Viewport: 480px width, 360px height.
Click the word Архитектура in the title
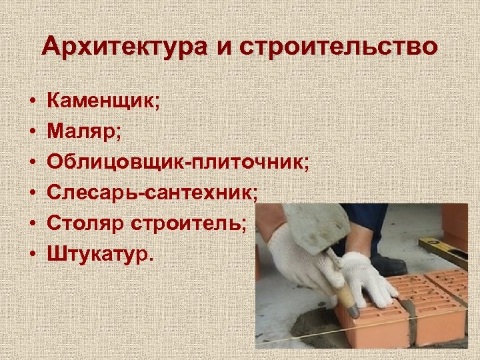[124, 47]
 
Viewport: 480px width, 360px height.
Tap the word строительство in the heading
[339, 47]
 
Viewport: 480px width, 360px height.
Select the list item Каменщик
[103, 103]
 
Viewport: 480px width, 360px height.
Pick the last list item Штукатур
[99, 253]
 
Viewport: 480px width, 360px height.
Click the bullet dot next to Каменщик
[31, 105]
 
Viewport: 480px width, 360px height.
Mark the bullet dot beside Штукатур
[31, 255]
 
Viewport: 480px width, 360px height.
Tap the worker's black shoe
[387, 265]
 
